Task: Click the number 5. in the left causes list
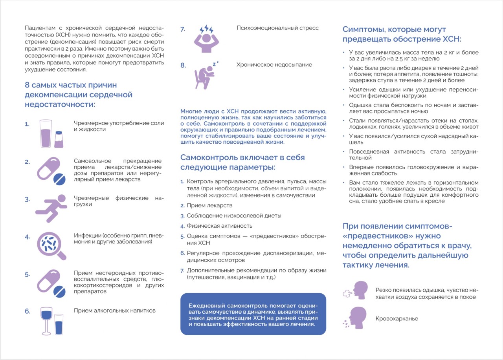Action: [x=28, y=274]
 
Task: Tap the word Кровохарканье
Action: [x=397, y=319]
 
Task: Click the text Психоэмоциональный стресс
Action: [x=277, y=28]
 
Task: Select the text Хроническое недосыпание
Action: [x=274, y=65]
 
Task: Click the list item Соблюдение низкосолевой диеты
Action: [x=234, y=216]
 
